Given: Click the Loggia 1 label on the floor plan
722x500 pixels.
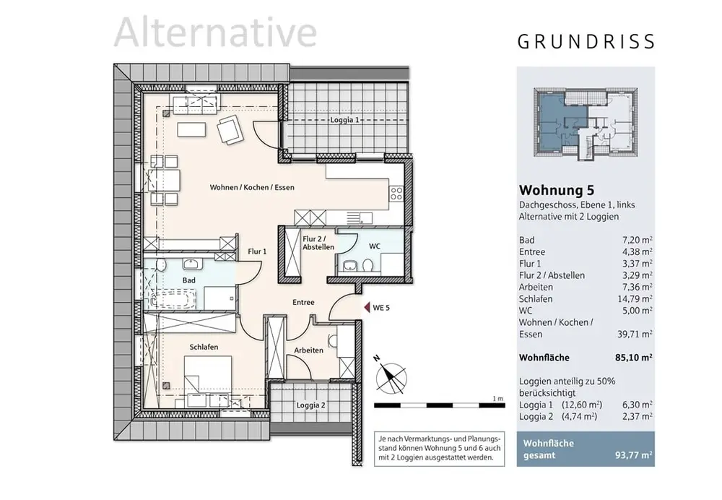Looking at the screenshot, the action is (345, 120).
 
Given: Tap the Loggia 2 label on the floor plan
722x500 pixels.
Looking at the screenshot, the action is (310, 405).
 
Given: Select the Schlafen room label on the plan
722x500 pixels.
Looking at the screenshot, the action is (204, 347).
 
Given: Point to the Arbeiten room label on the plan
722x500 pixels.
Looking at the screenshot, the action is (308, 350).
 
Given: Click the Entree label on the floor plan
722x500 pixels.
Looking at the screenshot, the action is (303, 302).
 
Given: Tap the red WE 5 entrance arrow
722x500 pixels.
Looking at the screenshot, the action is (366, 308).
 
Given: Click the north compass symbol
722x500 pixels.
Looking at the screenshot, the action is (391, 375).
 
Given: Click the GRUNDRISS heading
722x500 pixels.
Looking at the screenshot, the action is (586, 41).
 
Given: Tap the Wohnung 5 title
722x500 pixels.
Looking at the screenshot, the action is (557, 191).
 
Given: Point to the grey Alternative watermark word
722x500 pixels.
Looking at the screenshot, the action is (215, 33).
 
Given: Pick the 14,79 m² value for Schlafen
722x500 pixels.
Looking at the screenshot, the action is (638, 298).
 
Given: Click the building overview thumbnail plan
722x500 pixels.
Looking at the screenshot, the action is (586, 121).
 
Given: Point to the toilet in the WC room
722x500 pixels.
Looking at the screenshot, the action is (367, 266).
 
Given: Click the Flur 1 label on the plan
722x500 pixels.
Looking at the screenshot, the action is (258, 251).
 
